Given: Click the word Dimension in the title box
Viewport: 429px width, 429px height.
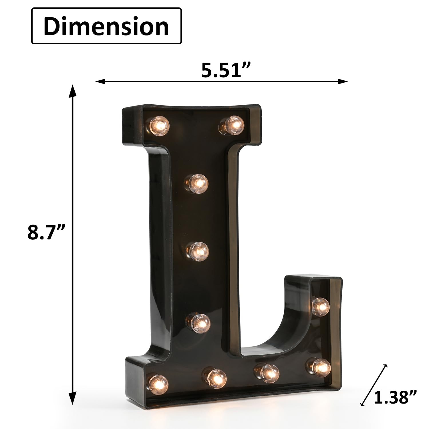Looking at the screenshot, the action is [106, 26].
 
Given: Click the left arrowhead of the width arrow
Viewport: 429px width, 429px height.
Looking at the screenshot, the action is [99, 82].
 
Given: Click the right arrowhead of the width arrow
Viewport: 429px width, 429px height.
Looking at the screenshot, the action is [344, 82].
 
